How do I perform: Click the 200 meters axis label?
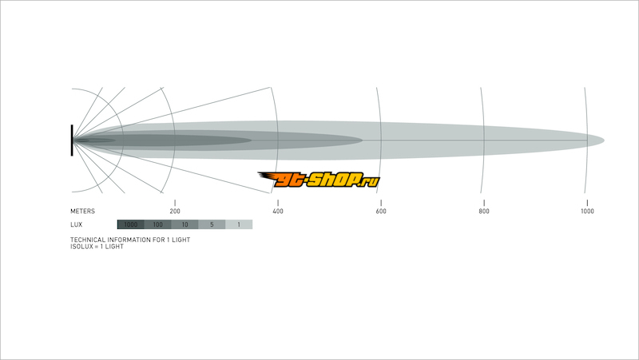175,211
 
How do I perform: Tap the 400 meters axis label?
278,211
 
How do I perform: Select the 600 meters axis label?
381,211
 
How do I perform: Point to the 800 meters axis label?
484,211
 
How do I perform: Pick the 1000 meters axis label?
587,211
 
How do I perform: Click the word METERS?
83,211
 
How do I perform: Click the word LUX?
76,224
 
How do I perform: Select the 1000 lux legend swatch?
131,224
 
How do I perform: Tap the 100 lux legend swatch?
157,224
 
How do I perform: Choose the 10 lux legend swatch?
185,224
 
